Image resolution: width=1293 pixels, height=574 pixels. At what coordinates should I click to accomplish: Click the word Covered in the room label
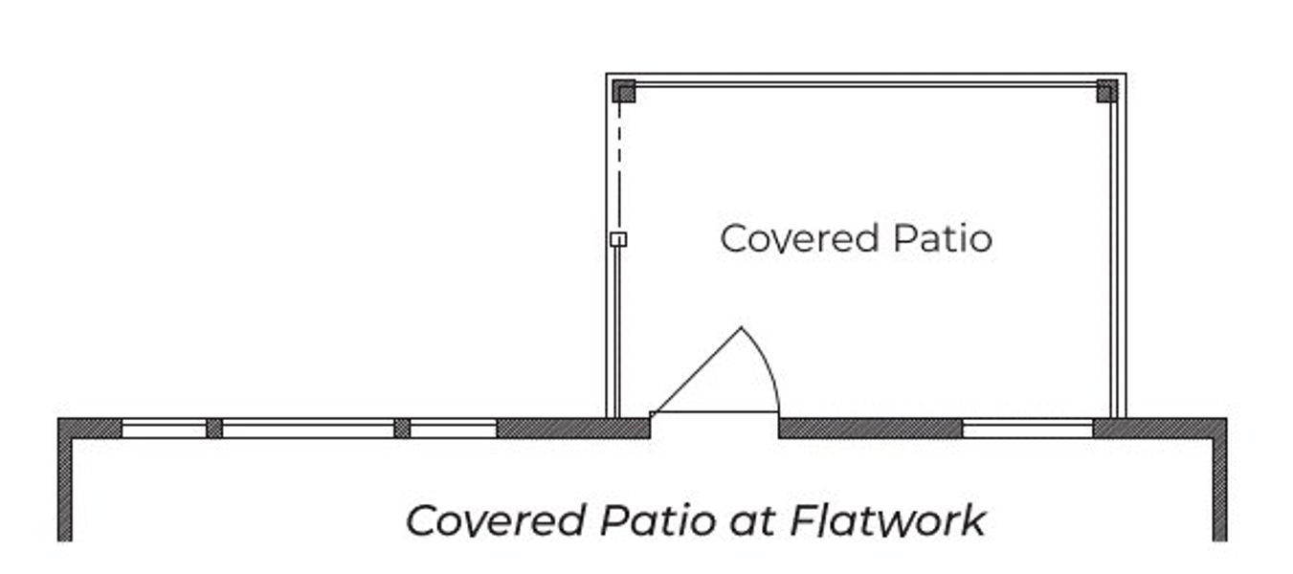point(799,239)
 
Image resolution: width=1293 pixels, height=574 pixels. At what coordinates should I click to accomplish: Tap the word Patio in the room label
point(944,238)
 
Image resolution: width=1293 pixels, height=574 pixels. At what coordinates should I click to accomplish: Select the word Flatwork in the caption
point(887,520)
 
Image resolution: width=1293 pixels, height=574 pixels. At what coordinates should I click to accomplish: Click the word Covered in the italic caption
point(497,520)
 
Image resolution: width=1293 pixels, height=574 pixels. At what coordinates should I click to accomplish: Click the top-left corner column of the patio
point(624,91)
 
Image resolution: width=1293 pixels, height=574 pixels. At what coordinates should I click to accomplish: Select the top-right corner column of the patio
point(1107,91)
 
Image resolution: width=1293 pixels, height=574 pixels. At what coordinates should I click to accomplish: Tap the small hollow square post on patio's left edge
point(618,239)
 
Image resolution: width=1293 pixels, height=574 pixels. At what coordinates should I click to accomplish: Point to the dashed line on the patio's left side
point(619,167)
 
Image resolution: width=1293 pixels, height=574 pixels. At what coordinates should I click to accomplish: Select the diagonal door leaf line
point(698,370)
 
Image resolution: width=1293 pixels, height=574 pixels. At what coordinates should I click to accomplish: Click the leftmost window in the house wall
point(164,429)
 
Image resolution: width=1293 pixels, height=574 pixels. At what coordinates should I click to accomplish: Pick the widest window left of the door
point(308,429)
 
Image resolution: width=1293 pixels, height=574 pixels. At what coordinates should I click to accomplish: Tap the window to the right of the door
point(1028,429)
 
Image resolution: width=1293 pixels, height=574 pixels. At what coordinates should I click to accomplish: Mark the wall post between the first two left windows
point(214,429)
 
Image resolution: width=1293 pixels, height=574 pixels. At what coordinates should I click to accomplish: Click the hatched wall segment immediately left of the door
point(574,429)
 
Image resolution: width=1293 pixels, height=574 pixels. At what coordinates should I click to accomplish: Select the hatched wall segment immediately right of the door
point(871,429)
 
